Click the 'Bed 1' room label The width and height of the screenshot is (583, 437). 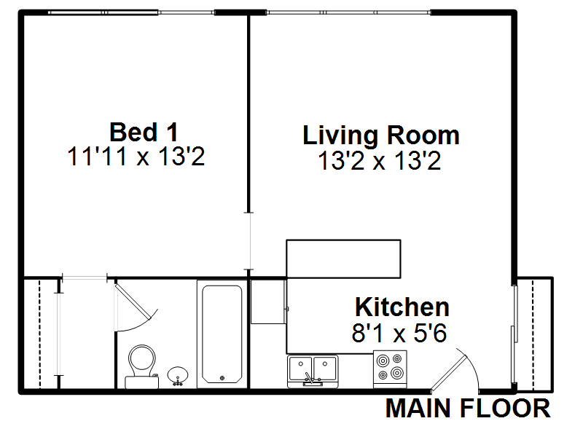point(143,133)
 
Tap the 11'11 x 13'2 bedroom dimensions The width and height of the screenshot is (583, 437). point(136,157)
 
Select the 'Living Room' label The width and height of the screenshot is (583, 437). point(381,135)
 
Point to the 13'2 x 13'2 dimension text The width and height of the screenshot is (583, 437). point(380,160)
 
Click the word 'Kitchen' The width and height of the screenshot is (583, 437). point(402,307)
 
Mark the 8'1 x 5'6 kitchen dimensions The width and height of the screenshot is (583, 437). point(399,333)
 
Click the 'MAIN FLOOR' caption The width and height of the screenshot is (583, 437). point(468,409)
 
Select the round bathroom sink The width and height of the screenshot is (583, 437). point(177,377)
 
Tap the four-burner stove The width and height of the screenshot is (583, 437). point(390,366)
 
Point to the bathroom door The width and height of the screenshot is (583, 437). point(133,302)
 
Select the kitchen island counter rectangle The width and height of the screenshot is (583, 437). point(343,259)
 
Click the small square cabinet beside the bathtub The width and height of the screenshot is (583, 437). point(267,301)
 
